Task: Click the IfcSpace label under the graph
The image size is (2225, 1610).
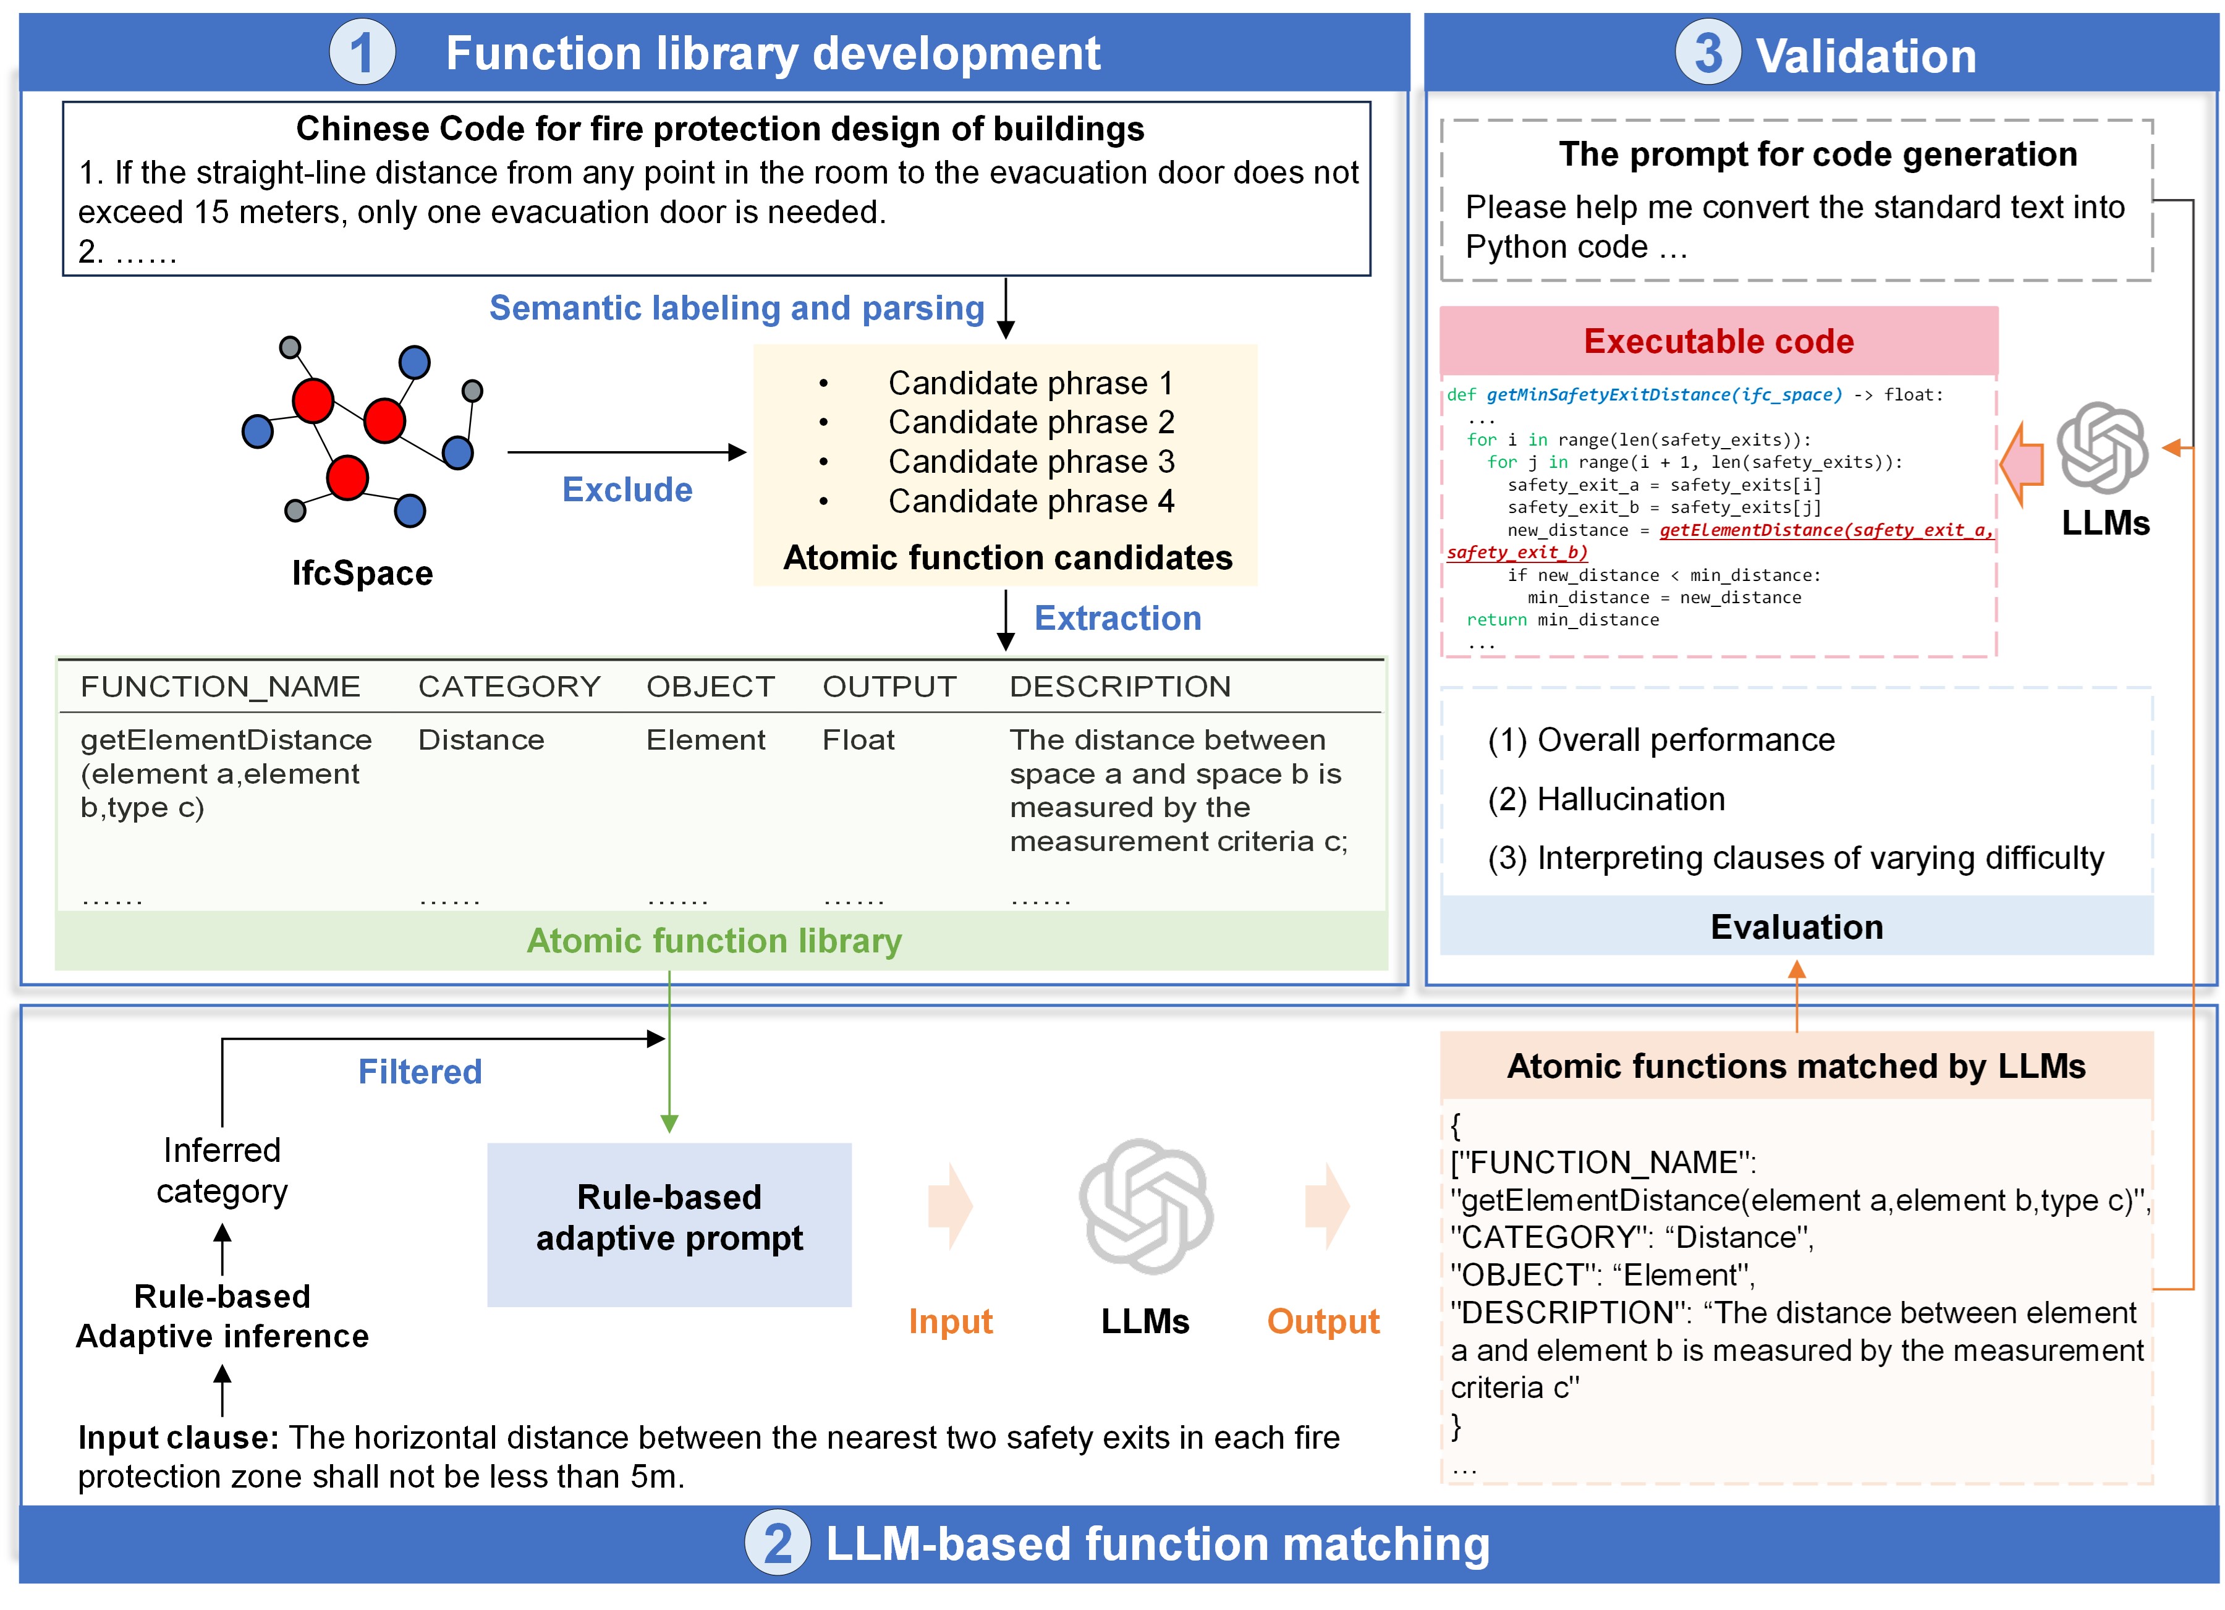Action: point(362,573)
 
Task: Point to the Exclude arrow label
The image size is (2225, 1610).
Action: point(627,489)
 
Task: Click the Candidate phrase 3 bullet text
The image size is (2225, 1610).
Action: point(1030,461)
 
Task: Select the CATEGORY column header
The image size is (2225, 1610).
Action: point(509,687)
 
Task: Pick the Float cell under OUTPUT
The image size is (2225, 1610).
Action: point(858,740)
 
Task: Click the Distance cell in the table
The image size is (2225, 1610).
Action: point(481,740)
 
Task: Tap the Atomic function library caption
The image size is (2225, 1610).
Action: point(714,941)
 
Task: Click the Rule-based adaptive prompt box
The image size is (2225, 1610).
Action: point(669,1218)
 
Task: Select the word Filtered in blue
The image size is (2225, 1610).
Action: point(420,1071)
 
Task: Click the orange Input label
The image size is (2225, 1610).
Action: point(950,1321)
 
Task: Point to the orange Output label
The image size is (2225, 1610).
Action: point(1323,1321)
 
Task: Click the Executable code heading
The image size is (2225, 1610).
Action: point(1719,341)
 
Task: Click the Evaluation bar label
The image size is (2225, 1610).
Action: point(1796,927)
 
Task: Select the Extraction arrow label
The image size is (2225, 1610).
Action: point(1117,618)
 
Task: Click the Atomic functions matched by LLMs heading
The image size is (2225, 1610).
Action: point(1795,1067)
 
